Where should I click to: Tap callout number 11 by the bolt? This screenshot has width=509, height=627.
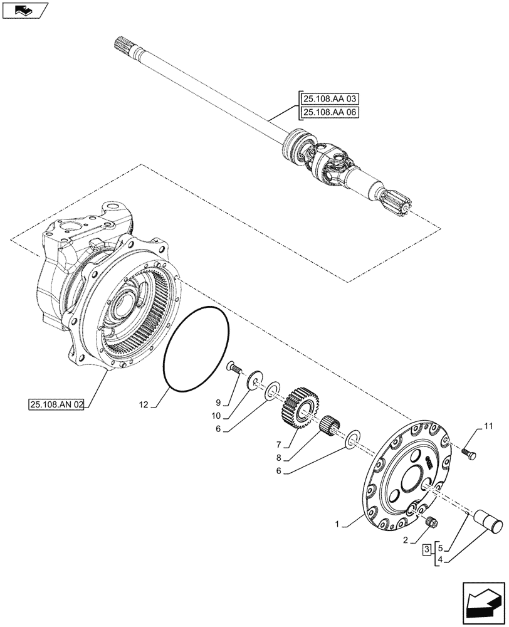pyautogui.click(x=488, y=426)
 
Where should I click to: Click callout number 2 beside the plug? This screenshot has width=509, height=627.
pyautogui.click(x=406, y=539)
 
